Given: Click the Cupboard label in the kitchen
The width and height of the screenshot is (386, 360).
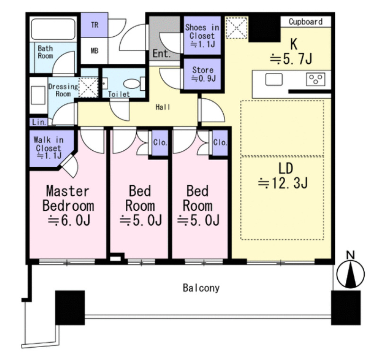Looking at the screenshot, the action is pyautogui.click(x=305, y=22).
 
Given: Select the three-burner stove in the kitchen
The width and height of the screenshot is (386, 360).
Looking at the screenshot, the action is pyautogui.click(x=316, y=79).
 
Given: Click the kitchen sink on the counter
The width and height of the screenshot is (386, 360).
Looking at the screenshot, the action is pyautogui.click(x=274, y=80).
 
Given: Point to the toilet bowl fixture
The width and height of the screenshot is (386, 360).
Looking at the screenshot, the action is pyautogui.click(x=134, y=84).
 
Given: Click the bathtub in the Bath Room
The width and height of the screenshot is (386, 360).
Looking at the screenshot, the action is pyautogui.click(x=53, y=28).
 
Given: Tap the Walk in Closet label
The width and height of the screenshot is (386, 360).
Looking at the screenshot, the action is pyautogui.click(x=48, y=147).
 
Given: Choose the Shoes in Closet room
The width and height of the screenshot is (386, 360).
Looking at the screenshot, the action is pyautogui.click(x=202, y=35).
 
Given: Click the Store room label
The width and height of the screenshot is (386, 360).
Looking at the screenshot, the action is pyautogui.click(x=203, y=74).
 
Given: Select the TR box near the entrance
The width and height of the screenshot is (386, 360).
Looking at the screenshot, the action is pyautogui.click(x=95, y=25).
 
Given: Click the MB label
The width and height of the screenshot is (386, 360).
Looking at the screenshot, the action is pyautogui.click(x=95, y=51).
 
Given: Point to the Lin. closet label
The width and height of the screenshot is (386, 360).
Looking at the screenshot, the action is pyautogui.click(x=39, y=122).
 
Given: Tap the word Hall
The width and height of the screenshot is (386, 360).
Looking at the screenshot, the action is pyautogui.click(x=163, y=107).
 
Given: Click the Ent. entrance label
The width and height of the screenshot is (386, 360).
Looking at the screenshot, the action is pyautogui.click(x=161, y=53).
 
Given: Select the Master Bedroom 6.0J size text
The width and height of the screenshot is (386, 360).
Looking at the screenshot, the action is pyautogui.click(x=70, y=220).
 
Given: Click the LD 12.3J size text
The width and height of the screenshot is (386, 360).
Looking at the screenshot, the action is pyautogui.click(x=283, y=183).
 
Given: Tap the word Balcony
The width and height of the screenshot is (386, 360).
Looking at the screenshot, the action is pyautogui.click(x=201, y=288).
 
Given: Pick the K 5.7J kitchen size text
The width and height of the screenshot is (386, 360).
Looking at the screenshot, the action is pyautogui.click(x=291, y=59).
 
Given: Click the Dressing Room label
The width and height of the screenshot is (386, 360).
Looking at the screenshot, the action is pyautogui.click(x=63, y=90).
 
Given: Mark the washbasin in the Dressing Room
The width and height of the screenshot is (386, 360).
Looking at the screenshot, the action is pyautogui.click(x=38, y=95).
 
